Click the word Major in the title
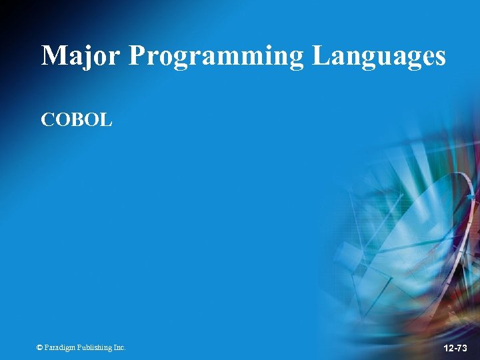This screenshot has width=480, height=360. tap(81, 56)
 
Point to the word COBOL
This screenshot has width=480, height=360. tap(77, 120)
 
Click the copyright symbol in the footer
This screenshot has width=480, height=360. tap(39, 347)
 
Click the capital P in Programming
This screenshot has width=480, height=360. tap(137, 55)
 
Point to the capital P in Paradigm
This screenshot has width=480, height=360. tap(47, 347)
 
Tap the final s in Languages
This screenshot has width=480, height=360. tap(439, 57)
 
